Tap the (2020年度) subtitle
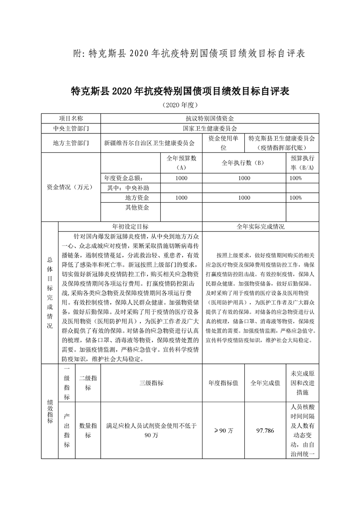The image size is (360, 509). [180, 105]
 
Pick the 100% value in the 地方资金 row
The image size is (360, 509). [296, 198]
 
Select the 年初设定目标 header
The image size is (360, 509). [130, 226]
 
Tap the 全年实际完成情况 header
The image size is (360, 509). [260, 226]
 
